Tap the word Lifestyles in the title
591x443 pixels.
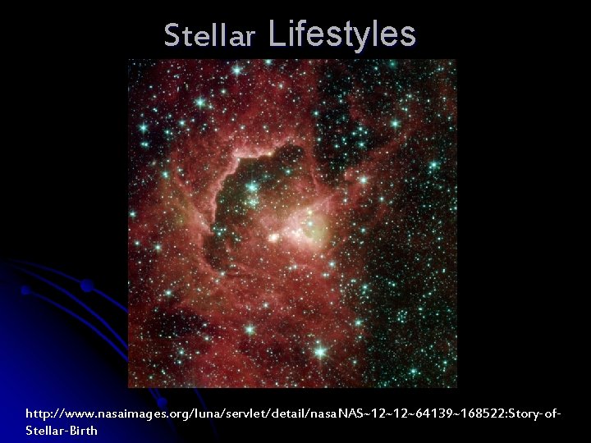pyautogui.click(x=341, y=34)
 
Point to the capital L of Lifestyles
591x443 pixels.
pyautogui.click(x=275, y=34)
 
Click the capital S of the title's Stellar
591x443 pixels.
pyautogui.click(x=171, y=35)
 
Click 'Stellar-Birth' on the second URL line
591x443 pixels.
pyautogui.click(x=62, y=431)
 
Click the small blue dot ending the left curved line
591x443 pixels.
pyautogui.click(x=25, y=290)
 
